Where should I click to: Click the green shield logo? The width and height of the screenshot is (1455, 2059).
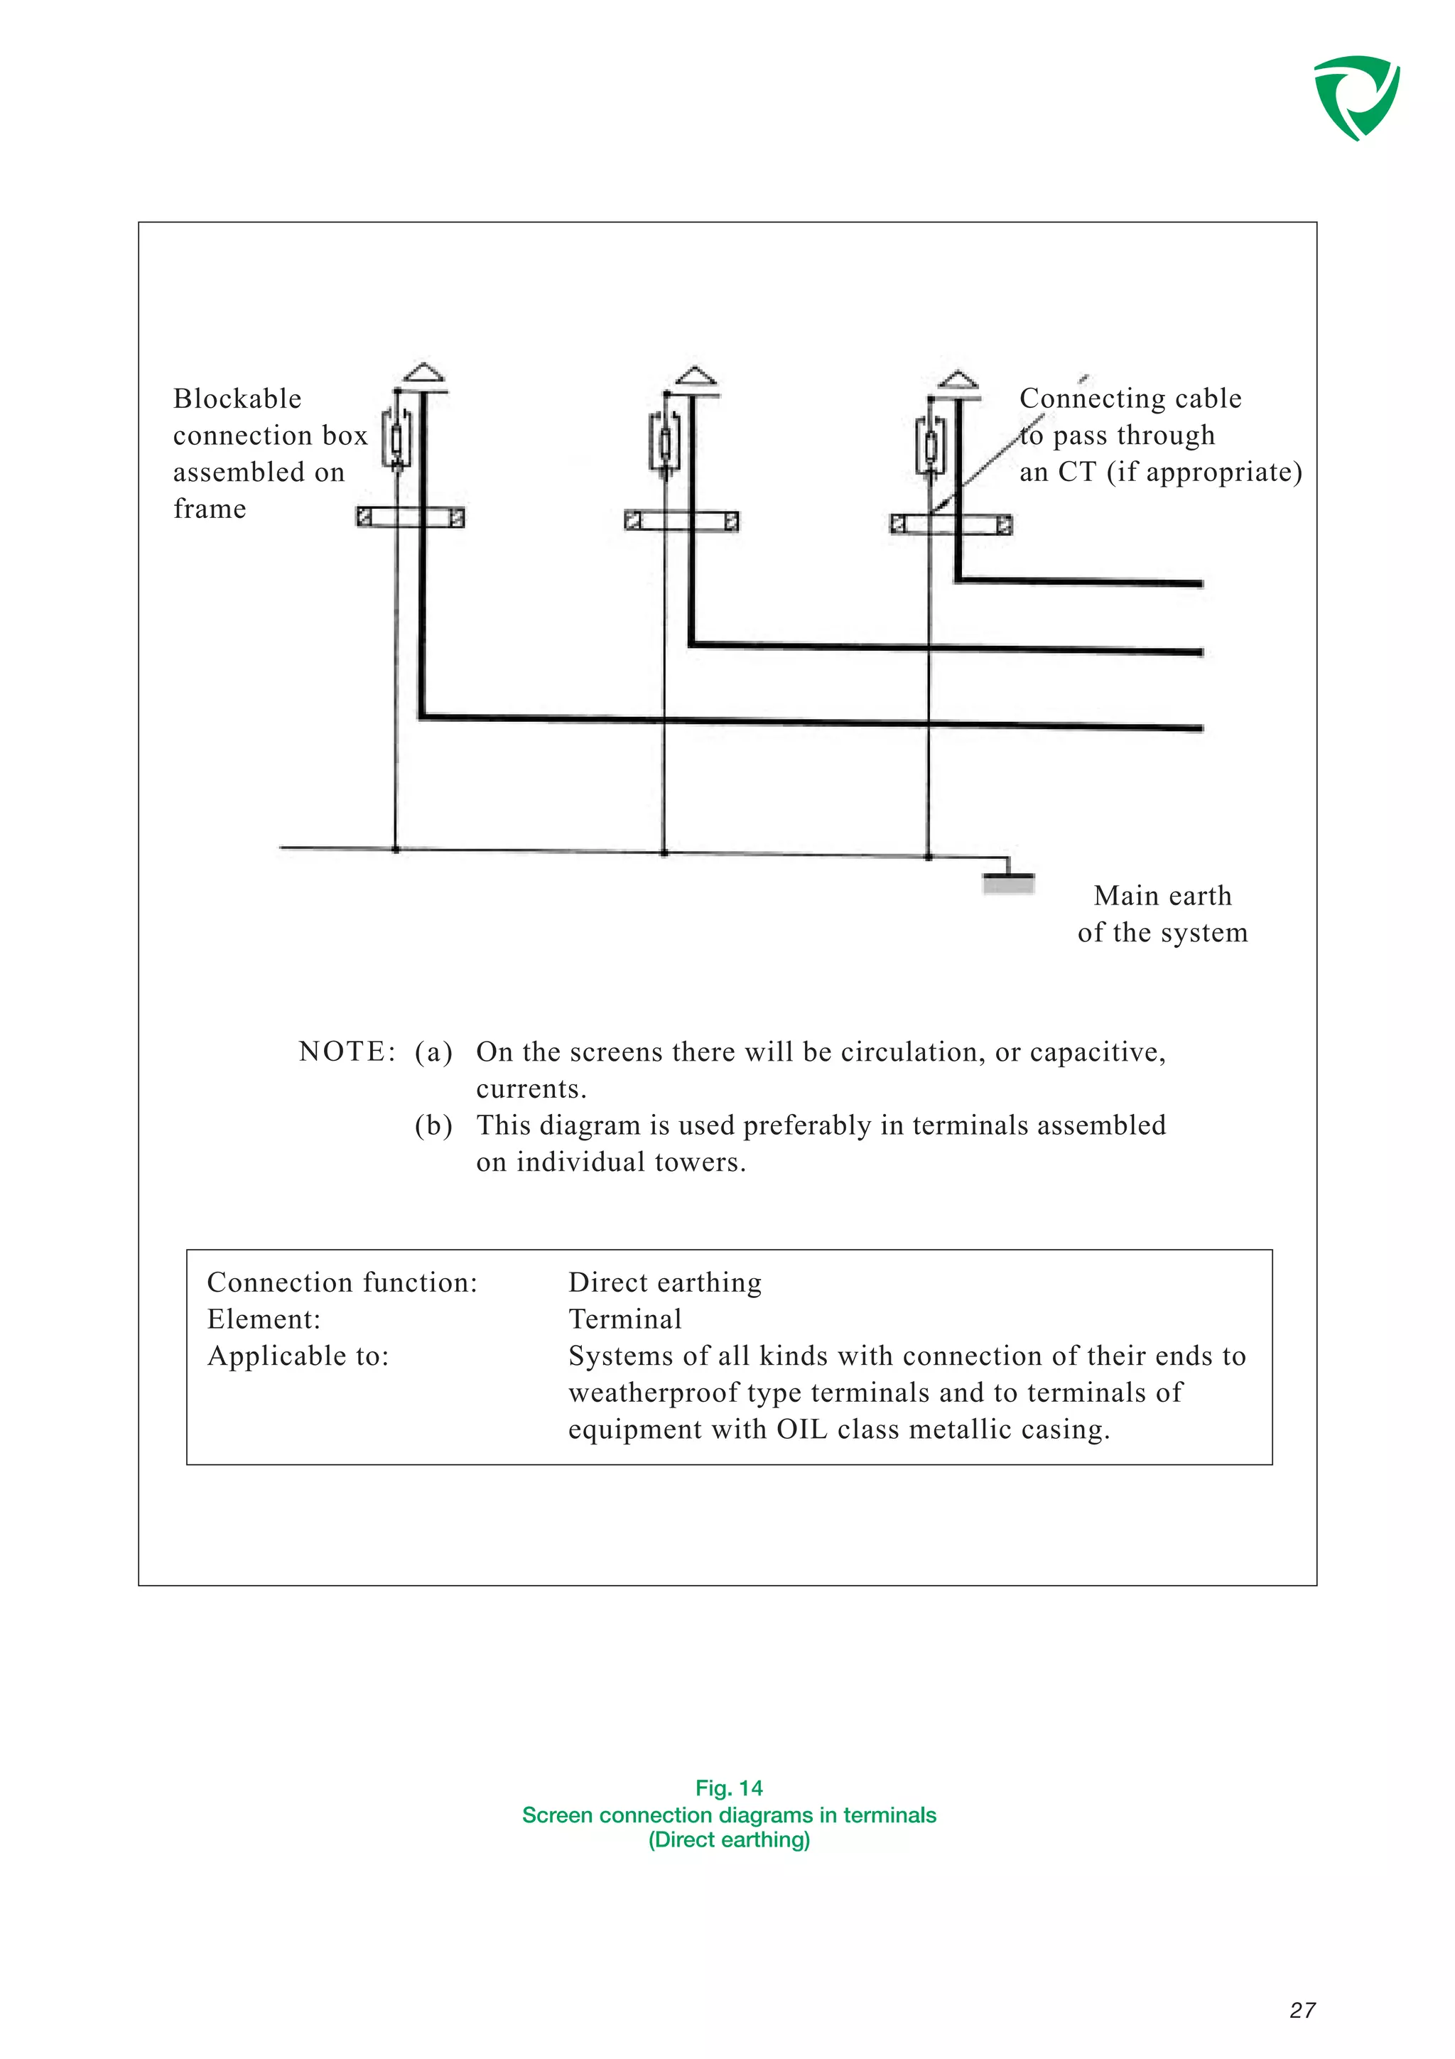(1356, 97)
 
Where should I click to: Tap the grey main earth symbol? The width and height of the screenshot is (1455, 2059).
(1009, 885)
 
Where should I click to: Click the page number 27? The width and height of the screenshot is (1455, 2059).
(1302, 2010)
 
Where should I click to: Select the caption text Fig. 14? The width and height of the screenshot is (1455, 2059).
(729, 1788)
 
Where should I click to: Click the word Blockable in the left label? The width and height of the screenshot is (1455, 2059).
(237, 398)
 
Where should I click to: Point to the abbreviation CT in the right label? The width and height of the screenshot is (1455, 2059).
(1076, 472)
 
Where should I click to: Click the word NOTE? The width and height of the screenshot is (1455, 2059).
(347, 1051)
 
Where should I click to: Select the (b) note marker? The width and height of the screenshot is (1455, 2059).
(433, 1125)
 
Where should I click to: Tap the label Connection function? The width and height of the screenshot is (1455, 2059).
(342, 1282)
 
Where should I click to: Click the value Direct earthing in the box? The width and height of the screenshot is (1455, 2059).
(665, 1282)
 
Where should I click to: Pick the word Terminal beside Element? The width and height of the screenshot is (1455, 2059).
(625, 1319)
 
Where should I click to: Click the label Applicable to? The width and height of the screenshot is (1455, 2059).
(298, 1356)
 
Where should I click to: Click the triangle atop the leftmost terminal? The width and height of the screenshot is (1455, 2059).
(423, 372)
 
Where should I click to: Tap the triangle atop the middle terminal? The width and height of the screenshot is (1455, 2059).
(696, 376)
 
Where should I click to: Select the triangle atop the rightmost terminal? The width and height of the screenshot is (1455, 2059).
(958, 379)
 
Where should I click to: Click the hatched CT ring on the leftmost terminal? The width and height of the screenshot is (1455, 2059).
(411, 517)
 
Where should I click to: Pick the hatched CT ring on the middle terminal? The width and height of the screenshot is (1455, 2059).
(681, 521)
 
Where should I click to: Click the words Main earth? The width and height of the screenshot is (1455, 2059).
(1163, 895)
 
